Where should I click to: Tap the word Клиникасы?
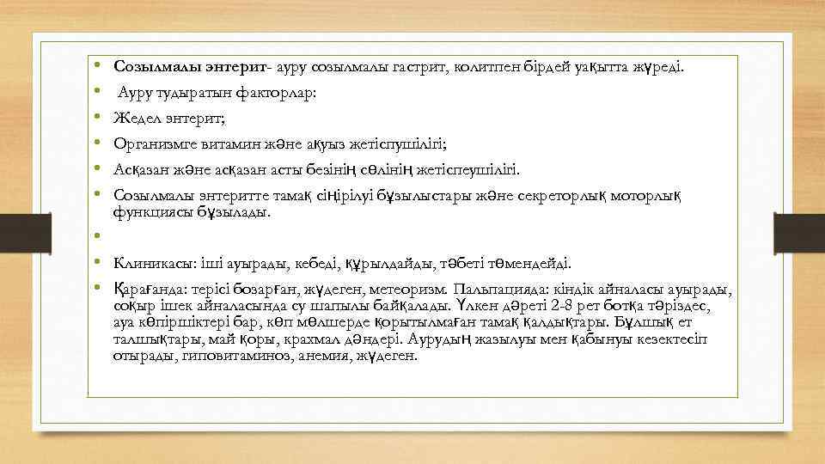[147, 263]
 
